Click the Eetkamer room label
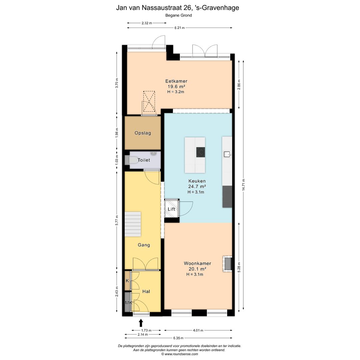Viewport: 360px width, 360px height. (176, 81)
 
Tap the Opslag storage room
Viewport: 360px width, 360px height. (143, 133)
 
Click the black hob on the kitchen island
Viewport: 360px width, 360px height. (200, 152)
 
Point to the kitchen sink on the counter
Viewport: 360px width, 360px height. (227, 154)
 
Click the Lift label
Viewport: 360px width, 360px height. (171, 209)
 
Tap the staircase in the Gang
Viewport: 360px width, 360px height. (133, 224)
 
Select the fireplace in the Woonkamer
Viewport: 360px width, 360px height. (227, 264)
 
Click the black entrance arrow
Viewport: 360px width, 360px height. (141, 323)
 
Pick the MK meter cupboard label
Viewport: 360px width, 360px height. (129, 303)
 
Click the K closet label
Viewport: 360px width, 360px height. (127, 281)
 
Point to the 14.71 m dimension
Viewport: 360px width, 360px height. (243, 185)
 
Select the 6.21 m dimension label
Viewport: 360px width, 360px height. (180, 28)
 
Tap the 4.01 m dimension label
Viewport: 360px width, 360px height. (198, 330)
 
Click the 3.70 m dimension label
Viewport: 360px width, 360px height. (117, 83)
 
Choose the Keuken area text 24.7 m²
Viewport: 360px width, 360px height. (197, 186)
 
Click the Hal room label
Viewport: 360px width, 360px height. (146, 291)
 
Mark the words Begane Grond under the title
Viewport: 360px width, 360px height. (179, 15)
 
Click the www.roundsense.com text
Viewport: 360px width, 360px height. (181, 354)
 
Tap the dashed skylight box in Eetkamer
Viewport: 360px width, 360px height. (149, 101)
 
